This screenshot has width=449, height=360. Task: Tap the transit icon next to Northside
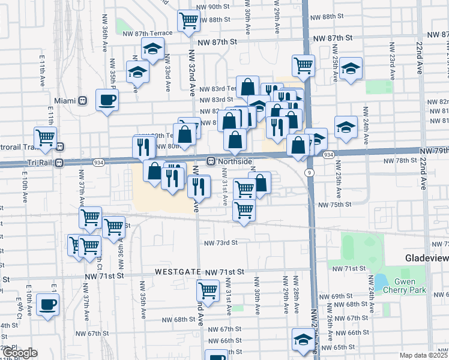pos(211,161)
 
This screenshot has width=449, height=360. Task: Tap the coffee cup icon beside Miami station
pos(107,100)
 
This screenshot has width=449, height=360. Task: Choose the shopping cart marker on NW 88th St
pos(189,20)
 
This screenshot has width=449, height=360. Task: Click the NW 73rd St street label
pos(221,243)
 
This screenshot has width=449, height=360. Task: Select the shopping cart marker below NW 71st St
pos(208,290)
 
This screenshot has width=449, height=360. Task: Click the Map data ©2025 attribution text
pos(424,355)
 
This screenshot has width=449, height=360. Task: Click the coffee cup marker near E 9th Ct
pos(47,304)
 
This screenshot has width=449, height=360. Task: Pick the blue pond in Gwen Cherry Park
pos(381,281)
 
